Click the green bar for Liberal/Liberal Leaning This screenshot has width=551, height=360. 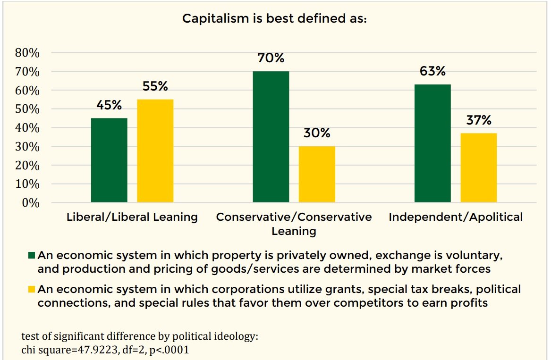(109, 160)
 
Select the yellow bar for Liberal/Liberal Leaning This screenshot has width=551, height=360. (155, 151)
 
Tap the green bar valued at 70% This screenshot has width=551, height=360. (271, 137)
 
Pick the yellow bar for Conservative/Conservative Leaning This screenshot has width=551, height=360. (317, 175)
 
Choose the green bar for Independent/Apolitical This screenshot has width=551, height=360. (432, 143)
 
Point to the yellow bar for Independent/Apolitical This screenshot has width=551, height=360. (478, 168)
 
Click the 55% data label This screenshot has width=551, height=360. (155, 87)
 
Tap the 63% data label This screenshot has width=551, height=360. (432, 71)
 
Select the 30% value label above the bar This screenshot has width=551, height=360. (317, 133)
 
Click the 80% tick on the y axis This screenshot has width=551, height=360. (27, 53)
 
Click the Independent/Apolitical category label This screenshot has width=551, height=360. (456, 217)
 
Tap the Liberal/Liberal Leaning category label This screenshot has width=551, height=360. (132, 217)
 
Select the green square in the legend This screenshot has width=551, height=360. (32, 256)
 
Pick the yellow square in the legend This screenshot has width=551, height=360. (32, 288)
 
